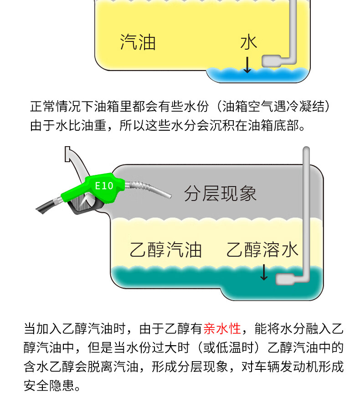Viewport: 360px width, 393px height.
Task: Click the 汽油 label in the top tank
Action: [x=138, y=42]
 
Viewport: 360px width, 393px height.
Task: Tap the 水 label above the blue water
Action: [x=249, y=42]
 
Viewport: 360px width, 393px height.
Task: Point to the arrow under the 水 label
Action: [x=247, y=65]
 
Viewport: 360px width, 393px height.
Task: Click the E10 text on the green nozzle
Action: [x=104, y=186]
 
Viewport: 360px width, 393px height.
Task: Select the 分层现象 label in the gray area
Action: [x=220, y=193]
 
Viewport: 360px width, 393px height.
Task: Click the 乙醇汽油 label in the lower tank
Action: [x=165, y=250]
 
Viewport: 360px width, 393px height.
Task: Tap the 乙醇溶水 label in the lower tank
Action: [x=262, y=250]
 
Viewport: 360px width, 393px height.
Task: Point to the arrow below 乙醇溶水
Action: [x=264, y=272]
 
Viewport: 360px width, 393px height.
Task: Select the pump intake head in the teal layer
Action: [x=285, y=279]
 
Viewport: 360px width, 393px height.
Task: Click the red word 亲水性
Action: [x=222, y=328]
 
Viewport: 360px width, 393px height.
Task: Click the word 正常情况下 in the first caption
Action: [x=62, y=106]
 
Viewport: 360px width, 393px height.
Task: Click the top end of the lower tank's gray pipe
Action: [x=306, y=148]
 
